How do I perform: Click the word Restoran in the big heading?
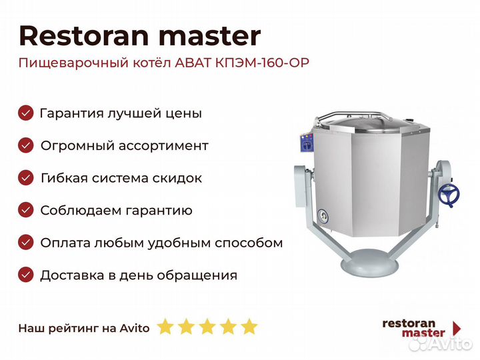pos(84,36)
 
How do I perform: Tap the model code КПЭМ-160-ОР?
pos(262,63)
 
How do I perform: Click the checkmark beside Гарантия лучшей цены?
pos(26,113)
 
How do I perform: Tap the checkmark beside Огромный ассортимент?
pos(26,145)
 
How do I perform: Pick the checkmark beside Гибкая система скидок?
pos(26,178)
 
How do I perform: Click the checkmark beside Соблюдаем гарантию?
pos(26,210)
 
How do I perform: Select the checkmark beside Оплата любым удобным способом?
pos(26,243)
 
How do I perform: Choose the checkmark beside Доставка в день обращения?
pos(26,275)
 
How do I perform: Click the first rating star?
pos(165,327)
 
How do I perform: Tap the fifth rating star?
pos(249,327)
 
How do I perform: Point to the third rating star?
pos(207,327)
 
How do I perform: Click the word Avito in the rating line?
pos(135,328)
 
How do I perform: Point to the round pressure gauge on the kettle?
pos(323,217)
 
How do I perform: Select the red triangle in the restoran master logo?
pos(457,328)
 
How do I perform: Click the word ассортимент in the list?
pos(163,146)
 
